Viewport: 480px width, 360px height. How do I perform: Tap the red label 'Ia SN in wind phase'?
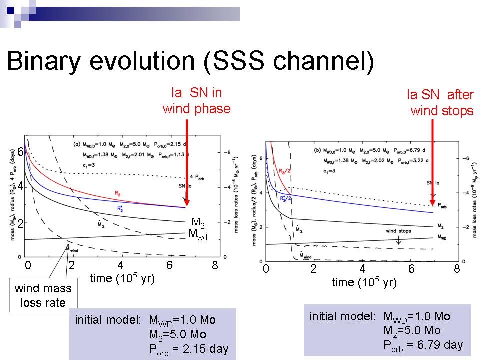coord(196,101)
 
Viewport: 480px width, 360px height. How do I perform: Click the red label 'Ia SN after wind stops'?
coord(441,103)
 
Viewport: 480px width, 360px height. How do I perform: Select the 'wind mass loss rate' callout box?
coord(43,295)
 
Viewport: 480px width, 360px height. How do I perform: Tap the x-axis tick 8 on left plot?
coord(215,266)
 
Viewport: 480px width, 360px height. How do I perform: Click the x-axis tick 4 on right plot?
coord(363,269)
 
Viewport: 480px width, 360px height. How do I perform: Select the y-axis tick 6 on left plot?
coord(21,152)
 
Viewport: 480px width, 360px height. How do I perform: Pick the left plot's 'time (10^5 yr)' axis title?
coord(122,278)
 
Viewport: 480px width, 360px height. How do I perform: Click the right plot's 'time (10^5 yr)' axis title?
coord(364,282)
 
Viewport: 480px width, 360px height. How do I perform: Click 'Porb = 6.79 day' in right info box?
coord(423,344)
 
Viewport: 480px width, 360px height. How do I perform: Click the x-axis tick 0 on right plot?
coord(266,269)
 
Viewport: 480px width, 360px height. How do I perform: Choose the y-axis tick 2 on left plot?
coord(21,224)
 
